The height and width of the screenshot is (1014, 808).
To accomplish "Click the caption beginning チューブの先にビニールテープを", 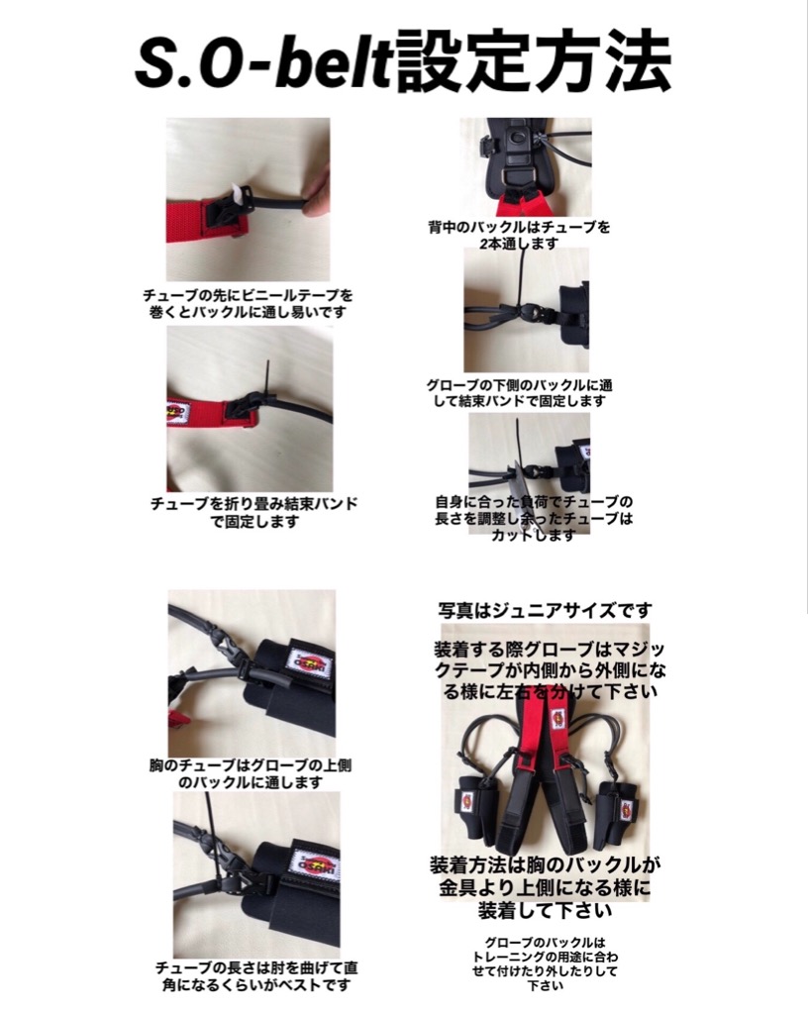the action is click(249, 304).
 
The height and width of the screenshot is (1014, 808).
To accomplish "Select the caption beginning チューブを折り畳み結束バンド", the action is click(254, 512).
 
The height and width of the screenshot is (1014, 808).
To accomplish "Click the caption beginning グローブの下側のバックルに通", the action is click(519, 392).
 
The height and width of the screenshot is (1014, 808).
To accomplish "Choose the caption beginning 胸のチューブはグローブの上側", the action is click(251, 773).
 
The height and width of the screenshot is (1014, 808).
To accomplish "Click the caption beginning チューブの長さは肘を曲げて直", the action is click(256, 976).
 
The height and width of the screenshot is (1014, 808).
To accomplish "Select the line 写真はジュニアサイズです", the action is click(545, 610).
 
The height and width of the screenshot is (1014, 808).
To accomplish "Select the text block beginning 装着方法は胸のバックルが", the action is click(545, 888).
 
